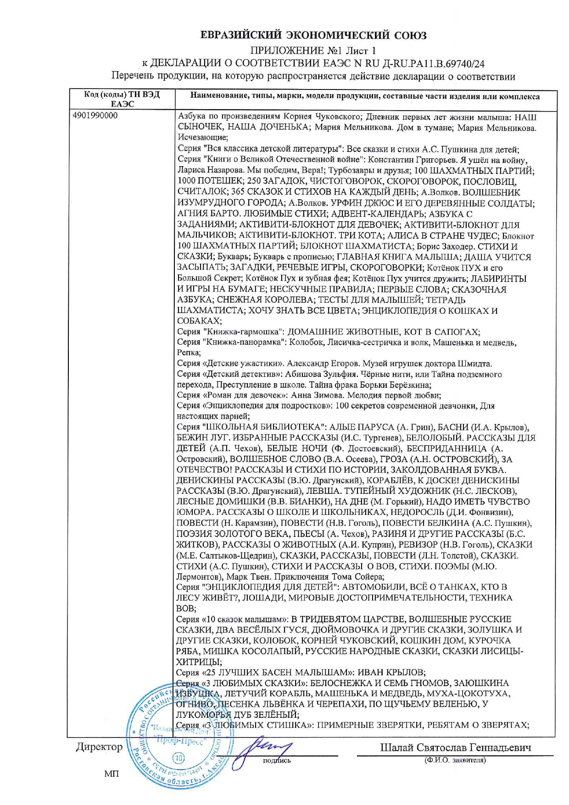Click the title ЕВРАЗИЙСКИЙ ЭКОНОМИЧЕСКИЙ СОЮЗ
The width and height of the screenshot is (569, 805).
pos(313,35)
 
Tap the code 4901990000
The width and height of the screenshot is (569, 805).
pos(95,116)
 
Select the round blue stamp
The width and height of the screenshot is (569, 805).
pos(180,739)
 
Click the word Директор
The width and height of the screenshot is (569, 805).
pos(100,747)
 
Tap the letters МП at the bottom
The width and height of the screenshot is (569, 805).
pos(112,774)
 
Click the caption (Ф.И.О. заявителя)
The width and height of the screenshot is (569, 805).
pos(455,760)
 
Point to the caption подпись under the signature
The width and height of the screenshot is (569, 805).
pos(277,760)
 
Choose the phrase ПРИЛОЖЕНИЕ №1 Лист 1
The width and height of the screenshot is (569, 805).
pos(313,50)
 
